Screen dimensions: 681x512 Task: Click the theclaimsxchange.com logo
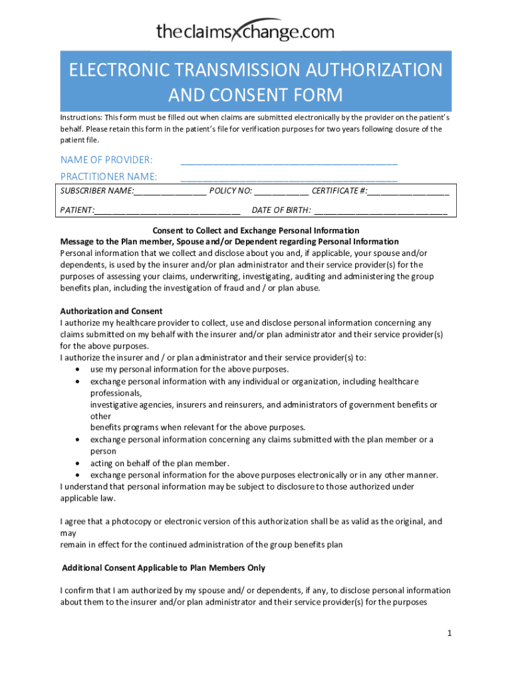(x=245, y=31)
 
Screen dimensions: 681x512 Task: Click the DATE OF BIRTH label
(x=281, y=211)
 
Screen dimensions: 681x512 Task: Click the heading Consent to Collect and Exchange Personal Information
(x=256, y=231)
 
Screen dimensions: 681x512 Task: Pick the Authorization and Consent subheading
(x=111, y=311)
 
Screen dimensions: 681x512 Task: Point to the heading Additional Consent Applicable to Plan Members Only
(x=164, y=568)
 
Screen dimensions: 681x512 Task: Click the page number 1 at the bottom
(x=449, y=634)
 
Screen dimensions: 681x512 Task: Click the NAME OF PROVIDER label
(x=106, y=160)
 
